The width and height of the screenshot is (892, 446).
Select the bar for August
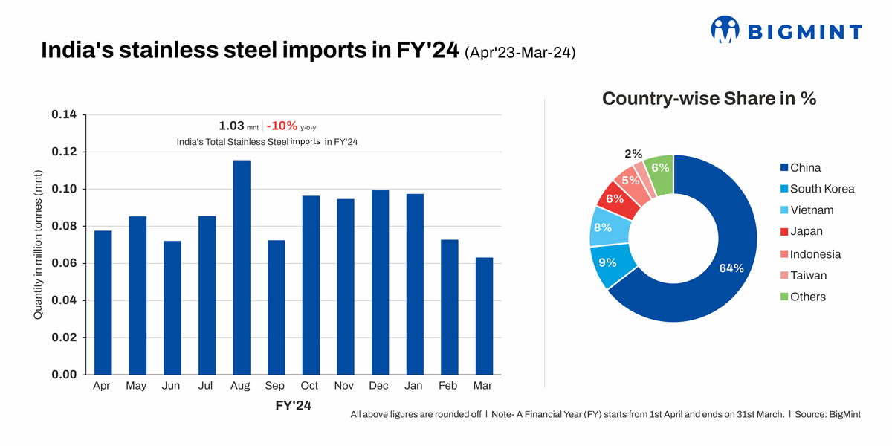(242, 267)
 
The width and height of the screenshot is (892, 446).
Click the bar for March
(484, 316)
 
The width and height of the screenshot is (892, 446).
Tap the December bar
(380, 282)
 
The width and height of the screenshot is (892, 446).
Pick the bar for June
(172, 308)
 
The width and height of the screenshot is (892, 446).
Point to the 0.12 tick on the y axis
(64, 152)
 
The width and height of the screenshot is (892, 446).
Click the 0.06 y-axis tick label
(64, 264)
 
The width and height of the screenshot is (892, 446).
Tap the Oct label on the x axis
(311, 387)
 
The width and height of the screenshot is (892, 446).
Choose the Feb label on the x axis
(449, 387)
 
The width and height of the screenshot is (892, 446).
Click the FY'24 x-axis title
(294, 406)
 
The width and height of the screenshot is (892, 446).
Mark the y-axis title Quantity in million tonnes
(38, 245)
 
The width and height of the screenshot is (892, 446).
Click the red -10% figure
(282, 126)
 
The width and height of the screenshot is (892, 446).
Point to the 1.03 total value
(232, 126)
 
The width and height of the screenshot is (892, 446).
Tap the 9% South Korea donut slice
(611, 264)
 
